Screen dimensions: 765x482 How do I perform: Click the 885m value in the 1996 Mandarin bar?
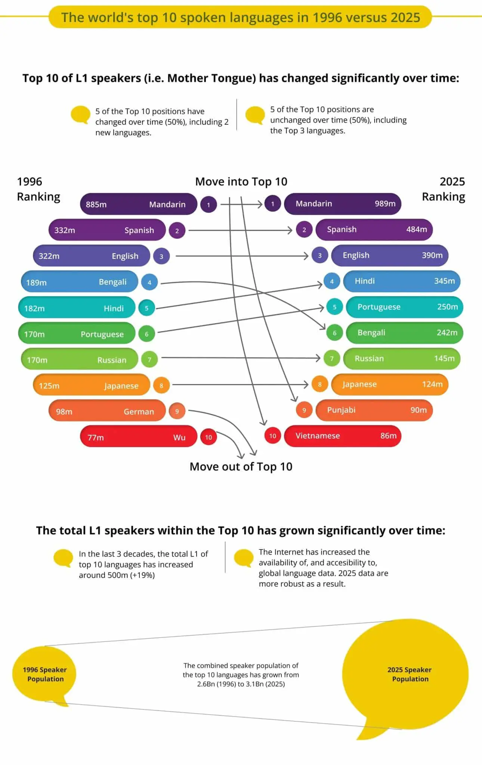click(96, 204)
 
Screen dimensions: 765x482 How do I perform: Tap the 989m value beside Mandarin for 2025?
click(385, 204)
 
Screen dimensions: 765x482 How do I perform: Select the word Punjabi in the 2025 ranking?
click(341, 410)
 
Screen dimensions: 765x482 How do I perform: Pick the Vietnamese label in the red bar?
click(318, 436)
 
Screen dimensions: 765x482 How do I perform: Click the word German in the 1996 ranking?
click(139, 411)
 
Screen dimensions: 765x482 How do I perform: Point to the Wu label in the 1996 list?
click(179, 437)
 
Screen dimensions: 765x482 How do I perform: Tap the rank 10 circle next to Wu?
click(208, 437)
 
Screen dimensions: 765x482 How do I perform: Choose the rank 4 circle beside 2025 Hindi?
click(331, 281)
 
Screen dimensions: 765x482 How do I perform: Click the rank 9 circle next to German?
click(177, 411)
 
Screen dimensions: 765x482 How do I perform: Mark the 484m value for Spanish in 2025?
click(417, 229)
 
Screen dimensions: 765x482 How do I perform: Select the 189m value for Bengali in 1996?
click(36, 282)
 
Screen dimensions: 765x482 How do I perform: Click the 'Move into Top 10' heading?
click(241, 182)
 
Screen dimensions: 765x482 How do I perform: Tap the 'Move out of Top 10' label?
click(241, 467)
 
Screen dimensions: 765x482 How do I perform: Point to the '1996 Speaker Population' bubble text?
click(45, 674)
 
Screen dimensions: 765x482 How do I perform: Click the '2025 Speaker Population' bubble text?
click(410, 674)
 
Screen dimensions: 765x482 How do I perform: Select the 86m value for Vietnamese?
click(388, 436)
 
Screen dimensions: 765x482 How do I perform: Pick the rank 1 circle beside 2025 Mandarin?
click(272, 204)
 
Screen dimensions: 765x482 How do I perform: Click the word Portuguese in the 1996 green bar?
click(102, 334)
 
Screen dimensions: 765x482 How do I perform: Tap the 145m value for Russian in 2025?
click(444, 358)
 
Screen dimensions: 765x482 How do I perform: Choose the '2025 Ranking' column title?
click(444, 189)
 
